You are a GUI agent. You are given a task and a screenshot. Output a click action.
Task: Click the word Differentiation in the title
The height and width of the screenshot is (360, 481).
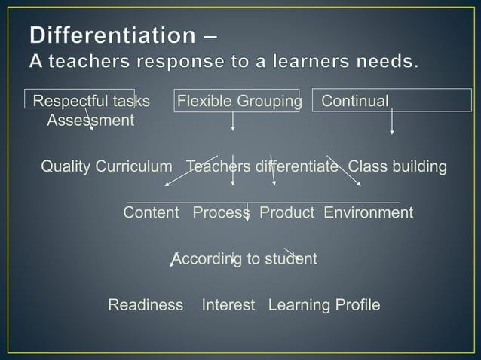[113, 35]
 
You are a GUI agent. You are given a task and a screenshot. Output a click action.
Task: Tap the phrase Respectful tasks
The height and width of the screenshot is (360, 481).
[90, 101]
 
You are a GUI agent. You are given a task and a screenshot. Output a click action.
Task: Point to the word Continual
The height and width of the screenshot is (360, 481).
[355, 101]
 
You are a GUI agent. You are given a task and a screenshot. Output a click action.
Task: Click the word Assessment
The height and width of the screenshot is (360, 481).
[90, 121]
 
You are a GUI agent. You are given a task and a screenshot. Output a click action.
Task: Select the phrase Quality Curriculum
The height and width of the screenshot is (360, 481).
[106, 166]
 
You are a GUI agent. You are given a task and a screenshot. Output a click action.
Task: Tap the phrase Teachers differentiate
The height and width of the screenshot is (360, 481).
[262, 166]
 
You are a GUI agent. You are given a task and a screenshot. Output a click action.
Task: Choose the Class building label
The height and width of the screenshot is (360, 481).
[397, 166]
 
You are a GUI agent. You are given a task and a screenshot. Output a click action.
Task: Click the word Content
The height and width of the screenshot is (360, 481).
[151, 212]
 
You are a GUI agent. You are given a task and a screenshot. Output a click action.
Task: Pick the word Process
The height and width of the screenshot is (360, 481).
[221, 212]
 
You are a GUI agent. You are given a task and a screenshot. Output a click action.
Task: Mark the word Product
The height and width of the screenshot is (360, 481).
[286, 212]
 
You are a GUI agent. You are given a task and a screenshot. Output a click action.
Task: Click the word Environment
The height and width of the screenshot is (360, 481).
[368, 212]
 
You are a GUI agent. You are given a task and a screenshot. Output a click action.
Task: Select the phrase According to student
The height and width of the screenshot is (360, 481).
[244, 259]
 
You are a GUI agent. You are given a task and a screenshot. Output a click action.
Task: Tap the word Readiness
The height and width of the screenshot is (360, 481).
[146, 305]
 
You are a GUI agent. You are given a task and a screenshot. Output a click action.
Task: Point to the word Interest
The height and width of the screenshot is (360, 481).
[228, 305]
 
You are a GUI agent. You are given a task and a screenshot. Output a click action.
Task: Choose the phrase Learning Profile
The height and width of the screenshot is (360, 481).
[324, 305]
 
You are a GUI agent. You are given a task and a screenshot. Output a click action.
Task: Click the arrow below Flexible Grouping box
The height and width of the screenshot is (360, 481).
[233, 121]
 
